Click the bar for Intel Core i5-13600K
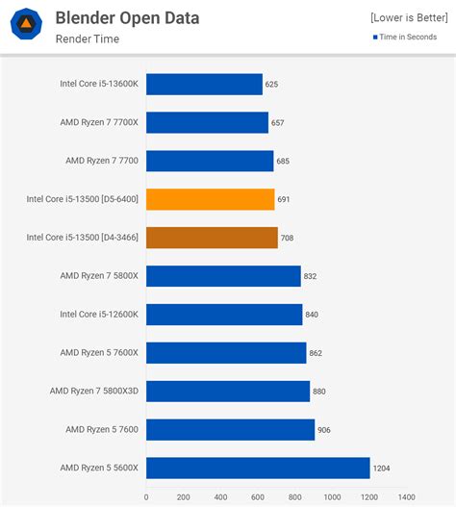click(204, 85)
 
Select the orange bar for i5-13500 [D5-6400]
click(211, 199)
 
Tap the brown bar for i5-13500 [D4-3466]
click(212, 238)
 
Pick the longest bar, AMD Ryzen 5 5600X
click(258, 468)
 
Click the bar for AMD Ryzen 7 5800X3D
click(228, 391)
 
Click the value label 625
click(271, 85)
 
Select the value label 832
click(310, 276)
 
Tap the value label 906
click(324, 429)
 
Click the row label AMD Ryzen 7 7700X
click(100, 123)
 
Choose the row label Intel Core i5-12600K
click(99, 315)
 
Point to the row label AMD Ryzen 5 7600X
click(99, 353)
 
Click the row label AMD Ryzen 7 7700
click(102, 161)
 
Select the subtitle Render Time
click(88, 39)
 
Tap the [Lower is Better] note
click(408, 18)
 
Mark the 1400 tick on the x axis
click(407, 497)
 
